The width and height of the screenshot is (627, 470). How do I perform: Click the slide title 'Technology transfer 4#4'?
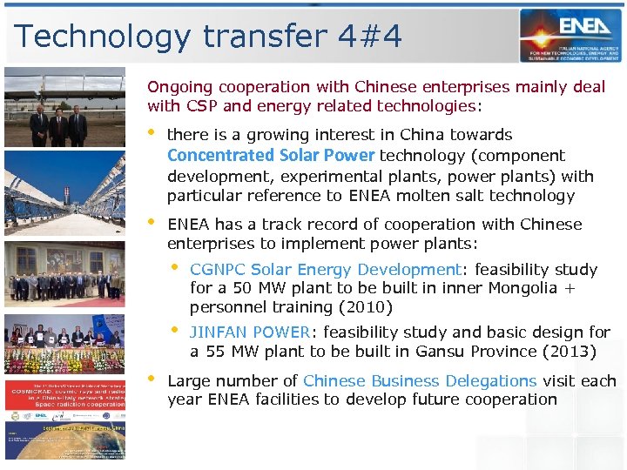(x=208, y=37)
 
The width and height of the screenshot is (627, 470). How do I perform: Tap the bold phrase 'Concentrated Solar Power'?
(x=270, y=156)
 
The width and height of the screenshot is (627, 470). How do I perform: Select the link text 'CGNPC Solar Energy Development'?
(x=324, y=270)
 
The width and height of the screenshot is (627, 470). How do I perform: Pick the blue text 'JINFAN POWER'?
(x=250, y=332)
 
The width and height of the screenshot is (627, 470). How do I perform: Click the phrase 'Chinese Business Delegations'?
(x=420, y=381)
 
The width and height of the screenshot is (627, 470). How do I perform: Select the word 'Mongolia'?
(x=521, y=289)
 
